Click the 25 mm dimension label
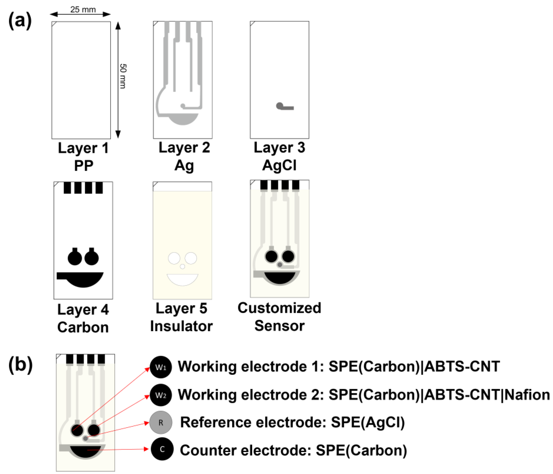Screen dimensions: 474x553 (83, 10)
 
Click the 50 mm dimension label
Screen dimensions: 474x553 (123, 76)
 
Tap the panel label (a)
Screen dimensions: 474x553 (20, 21)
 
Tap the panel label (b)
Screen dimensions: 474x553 (21, 365)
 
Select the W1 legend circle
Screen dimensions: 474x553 (161, 367)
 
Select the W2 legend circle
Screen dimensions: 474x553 (161, 395)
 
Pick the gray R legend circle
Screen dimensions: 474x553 (161, 422)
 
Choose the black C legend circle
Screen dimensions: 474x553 (162, 449)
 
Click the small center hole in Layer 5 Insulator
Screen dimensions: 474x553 (183, 266)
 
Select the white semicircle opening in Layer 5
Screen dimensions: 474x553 (183, 279)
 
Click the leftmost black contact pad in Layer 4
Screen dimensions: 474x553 (67, 188)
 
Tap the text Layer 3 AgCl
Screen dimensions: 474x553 (279, 156)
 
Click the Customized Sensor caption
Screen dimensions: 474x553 (279, 317)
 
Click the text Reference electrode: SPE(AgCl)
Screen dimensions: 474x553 (292, 422)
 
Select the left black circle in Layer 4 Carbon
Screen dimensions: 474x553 (75, 258)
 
